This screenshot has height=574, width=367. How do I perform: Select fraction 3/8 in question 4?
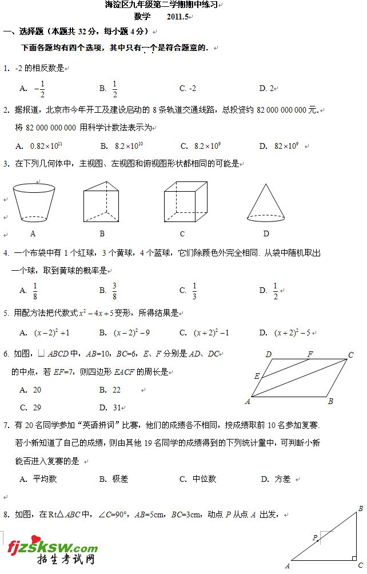114,291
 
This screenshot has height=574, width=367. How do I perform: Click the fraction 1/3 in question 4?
194,291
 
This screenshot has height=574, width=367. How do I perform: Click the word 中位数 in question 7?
204,479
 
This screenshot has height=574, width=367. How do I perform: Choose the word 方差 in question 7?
282,479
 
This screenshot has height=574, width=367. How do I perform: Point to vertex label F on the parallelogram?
310,354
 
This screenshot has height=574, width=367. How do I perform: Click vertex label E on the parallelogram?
257,376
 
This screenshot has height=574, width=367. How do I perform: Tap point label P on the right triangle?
314,537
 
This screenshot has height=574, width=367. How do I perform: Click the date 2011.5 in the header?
178,17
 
